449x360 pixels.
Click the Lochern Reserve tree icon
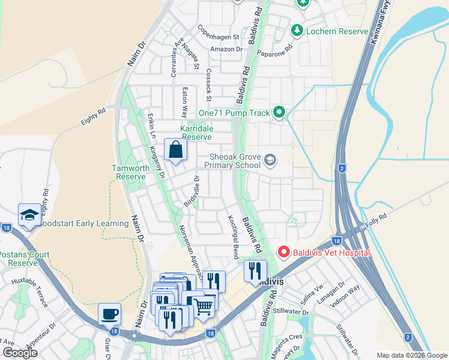(296, 29)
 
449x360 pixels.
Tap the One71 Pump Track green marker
(279, 112)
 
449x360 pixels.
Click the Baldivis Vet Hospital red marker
(284, 253)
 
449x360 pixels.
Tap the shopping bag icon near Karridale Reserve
(175, 150)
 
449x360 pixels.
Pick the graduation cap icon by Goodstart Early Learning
(29, 216)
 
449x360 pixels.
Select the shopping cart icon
(203, 307)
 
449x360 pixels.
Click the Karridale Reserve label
(196, 133)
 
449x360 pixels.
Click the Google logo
(20, 353)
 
